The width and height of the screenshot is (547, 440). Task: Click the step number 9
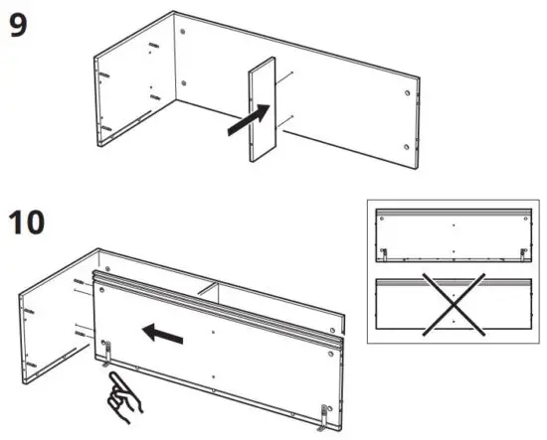(x=18, y=26)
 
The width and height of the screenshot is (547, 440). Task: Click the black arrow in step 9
(x=248, y=120)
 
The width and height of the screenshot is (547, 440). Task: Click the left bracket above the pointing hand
(x=106, y=349)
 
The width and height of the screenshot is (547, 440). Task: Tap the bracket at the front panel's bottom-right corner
(x=324, y=413)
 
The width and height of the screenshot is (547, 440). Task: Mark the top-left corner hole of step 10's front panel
(x=101, y=291)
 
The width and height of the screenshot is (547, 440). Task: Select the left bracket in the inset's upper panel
(x=384, y=254)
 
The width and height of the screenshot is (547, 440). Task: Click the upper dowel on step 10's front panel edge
(x=79, y=283)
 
